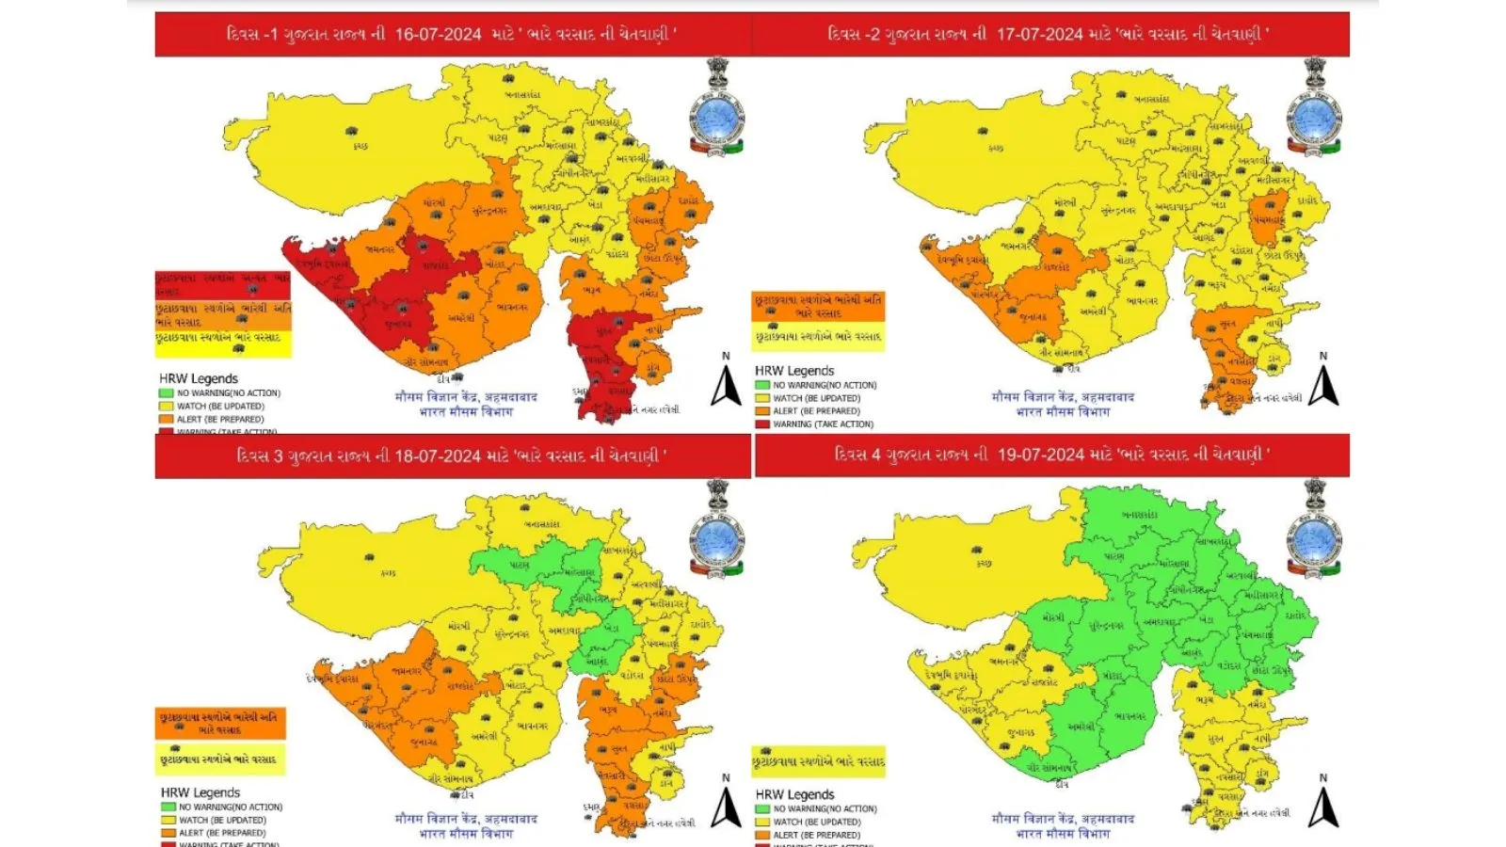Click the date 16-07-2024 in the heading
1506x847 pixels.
pos(438,35)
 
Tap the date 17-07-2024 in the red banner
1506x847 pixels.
pos(1039,35)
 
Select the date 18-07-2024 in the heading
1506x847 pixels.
pos(437,456)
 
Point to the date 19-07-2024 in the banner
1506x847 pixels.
pos(1040,455)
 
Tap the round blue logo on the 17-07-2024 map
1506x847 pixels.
pos(1314,120)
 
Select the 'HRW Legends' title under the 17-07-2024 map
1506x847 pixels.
pos(793,371)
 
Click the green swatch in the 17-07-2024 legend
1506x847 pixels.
pos(761,385)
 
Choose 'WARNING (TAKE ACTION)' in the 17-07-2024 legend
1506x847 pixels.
pos(823,424)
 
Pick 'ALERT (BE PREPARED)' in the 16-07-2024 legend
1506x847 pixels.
pos(220,420)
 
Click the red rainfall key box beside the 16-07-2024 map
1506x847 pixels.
pos(223,284)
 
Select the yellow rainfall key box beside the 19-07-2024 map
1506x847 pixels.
pos(818,760)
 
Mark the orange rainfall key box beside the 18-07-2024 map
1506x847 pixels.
pos(220,723)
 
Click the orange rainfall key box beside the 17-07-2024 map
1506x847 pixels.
pos(818,306)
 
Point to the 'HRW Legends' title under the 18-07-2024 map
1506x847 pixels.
pos(200,792)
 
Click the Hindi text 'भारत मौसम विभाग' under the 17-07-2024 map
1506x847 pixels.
pos(1063,411)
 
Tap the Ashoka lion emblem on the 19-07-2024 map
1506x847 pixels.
pos(1314,493)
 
